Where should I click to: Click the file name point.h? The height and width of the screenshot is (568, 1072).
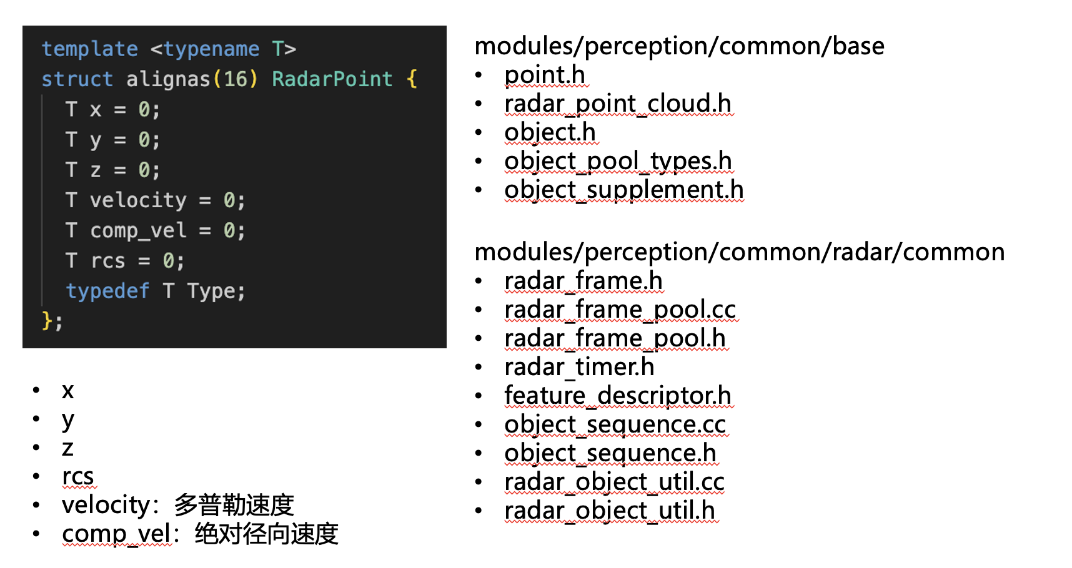pyautogui.click(x=544, y=75)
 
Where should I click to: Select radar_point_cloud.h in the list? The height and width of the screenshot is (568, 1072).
pyautogui.click(x=617, y=104)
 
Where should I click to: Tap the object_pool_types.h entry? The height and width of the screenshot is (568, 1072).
pyautogui.click(x=618, y=161)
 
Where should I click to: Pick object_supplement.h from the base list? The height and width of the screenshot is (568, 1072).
pyautogui.click(x=623, y=190)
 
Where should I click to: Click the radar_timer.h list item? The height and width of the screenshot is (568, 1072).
pyautogui.click(x=579, y=367)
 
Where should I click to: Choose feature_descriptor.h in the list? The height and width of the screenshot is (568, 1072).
pyautogui.click(x=617, y=396)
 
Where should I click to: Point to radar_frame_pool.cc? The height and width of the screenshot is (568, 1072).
pyautogui.click(x=620, y=310)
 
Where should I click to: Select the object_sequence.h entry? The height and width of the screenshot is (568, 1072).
pyautogui.click(x=610, y=453)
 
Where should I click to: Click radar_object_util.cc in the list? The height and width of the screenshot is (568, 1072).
pyautogui.click(x=614, y=482)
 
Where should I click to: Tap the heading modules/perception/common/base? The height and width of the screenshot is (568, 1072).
pyautogui.click(x=679, y=46)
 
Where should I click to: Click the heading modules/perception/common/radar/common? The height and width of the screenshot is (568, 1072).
pyautogui.click(x=739, y=252)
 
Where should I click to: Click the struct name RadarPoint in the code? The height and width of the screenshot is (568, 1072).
pyautogui.click(x=332, y=79)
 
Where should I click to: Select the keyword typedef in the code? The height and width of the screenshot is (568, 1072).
pyautogui.click(x=107, y=291)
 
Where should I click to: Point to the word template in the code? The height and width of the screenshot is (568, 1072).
pyautogui.click(x=89, y=49)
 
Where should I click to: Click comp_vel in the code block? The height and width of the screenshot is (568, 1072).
pyautogui.click(x=138, y=230)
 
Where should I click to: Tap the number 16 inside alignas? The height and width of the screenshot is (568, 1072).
pyautogui.click(x=236, y=79)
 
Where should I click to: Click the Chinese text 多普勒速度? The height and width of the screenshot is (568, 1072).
pyautogui.click(x=234, y=505)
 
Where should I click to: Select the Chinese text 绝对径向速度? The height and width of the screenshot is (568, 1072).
pyautogui.click(x=266, y=534)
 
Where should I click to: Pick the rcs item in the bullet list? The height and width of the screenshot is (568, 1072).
pyautogui.click(x=77, y=477)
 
